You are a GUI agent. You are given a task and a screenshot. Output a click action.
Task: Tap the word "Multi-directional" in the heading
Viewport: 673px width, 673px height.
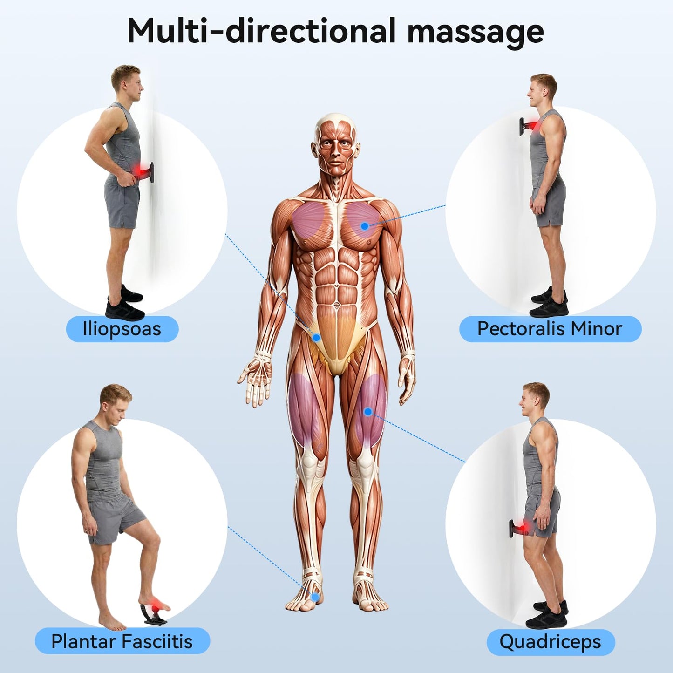[262, 31]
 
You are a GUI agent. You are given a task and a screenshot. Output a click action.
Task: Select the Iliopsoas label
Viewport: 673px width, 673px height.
[122, 329]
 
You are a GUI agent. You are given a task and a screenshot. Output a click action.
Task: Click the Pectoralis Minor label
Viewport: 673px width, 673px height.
[550, 329]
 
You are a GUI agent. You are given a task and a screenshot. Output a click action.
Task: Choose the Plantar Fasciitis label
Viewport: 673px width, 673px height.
[122, 641]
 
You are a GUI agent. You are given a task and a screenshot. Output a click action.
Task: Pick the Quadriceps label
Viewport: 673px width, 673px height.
[551, 642]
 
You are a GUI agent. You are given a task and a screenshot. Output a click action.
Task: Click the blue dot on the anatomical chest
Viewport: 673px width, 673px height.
[365, 226]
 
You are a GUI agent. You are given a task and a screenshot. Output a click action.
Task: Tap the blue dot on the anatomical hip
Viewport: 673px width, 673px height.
[316, 337]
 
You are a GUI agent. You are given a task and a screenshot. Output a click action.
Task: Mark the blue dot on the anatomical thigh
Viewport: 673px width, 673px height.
[367, 412]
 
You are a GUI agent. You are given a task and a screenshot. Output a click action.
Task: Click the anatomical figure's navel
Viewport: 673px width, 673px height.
[336, 305]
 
